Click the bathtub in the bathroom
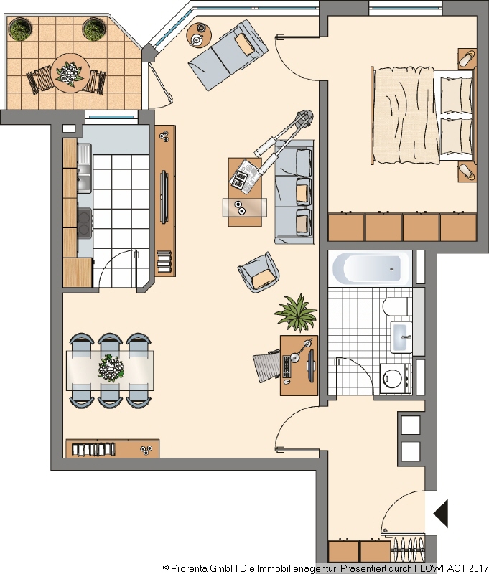370,268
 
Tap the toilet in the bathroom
395,306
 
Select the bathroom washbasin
401,337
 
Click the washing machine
395,378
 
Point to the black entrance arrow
441,513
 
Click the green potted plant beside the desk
296,313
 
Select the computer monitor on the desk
311,366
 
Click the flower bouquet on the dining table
111,368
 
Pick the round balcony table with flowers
70,73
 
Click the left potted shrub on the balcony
21,29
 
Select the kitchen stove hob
85,223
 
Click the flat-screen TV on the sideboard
164,197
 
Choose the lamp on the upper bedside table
467,58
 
